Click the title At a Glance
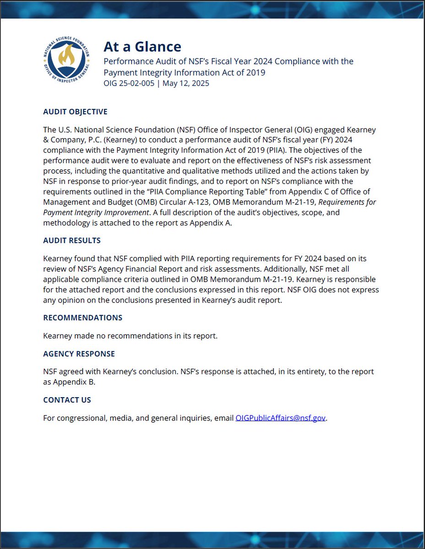(142, 47)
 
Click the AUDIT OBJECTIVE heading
(75, 112)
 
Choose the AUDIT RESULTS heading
(72, 241)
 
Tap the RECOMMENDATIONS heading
(82, 318)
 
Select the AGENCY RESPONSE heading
(79, 354)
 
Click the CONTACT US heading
(67, 400)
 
